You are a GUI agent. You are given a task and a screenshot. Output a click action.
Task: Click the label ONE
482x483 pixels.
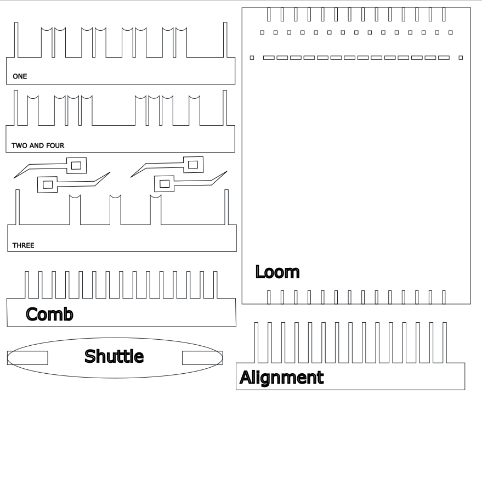[20, 76]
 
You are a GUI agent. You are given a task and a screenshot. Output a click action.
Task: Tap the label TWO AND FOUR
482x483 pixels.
[38, 145]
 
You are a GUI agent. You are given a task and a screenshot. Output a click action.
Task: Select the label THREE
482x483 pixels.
[24, 245]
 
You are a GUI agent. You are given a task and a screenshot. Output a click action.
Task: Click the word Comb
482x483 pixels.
[49, 314]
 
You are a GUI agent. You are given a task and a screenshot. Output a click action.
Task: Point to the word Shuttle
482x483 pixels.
[114, 356]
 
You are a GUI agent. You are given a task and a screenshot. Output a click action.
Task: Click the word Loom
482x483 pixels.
[277, 272]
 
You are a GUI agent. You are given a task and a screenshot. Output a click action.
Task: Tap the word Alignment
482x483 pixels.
[282, 378]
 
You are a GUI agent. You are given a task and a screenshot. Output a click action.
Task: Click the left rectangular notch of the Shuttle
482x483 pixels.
[27, 358]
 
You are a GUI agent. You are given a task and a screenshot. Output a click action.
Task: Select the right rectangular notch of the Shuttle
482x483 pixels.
[202, 358]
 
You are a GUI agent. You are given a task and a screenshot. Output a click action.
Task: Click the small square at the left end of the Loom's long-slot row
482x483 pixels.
[252, 58]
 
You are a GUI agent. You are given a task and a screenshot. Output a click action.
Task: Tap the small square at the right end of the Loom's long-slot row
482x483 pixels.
[461, 58]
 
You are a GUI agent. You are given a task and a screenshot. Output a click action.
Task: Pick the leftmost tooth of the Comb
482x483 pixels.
[27, 285]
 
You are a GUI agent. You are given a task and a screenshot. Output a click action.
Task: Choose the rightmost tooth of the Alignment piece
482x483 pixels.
[445, 342]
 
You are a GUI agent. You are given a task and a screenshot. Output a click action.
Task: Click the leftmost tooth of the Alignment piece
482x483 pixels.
[257, 342]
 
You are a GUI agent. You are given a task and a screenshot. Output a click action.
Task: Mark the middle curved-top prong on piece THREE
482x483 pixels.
[115, 210]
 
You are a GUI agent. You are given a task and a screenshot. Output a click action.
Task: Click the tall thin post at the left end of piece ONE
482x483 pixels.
[16, 40]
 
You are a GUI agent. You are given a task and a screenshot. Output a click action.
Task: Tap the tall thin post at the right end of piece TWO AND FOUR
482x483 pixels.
[225, 108]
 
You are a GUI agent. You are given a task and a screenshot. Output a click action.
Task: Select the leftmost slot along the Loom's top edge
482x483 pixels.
[269, 14]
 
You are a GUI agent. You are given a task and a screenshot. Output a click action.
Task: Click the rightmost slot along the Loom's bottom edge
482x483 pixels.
[444, 297]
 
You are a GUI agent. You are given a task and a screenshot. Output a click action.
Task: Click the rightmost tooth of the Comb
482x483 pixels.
[215, 285]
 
